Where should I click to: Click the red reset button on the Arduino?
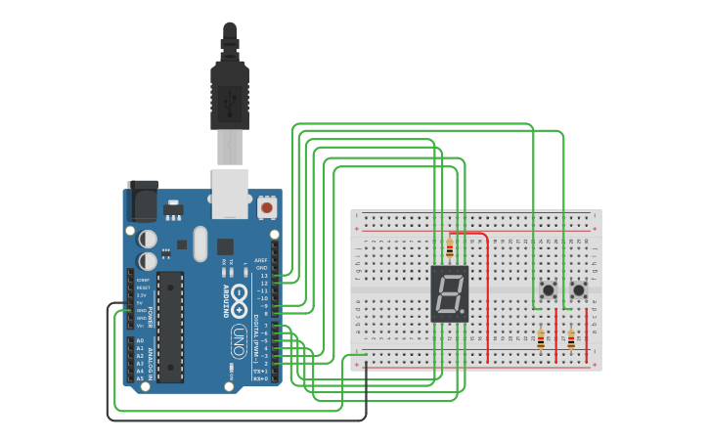click(x=266, y=207)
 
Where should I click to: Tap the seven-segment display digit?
click(x=449, y=293)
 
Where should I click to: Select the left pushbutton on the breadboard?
click(x=549, y=290)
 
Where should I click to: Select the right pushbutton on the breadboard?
click(x=579, y=290)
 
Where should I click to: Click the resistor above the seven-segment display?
click(x=450, y=248)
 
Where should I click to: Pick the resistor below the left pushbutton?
click(x=541, y=338)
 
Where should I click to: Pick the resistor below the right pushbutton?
click(x=571, y=338)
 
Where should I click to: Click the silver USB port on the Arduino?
click(x=230, y=193)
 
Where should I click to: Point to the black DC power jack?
click(x=143, y=201)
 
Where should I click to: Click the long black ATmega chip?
click(x=170, y=326)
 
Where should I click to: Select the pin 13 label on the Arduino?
click(x=262, y=277)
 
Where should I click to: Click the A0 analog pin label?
click(x=140, y=340)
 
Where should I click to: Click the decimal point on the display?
click(x=465, y=314)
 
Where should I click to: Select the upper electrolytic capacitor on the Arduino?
click(x=148, y=238)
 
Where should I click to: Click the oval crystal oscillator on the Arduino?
click(x=201, y=244)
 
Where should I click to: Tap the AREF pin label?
click(x=261, y=261)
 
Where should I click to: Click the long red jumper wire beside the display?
click(x=488, y=293)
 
